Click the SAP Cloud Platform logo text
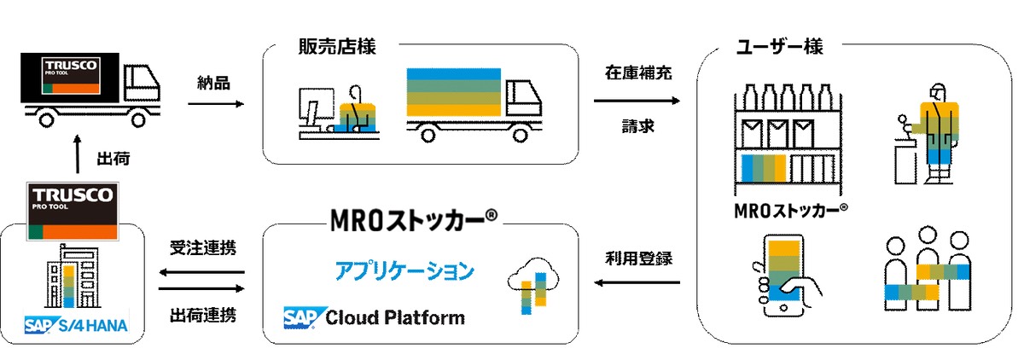(x=375, y=318)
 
